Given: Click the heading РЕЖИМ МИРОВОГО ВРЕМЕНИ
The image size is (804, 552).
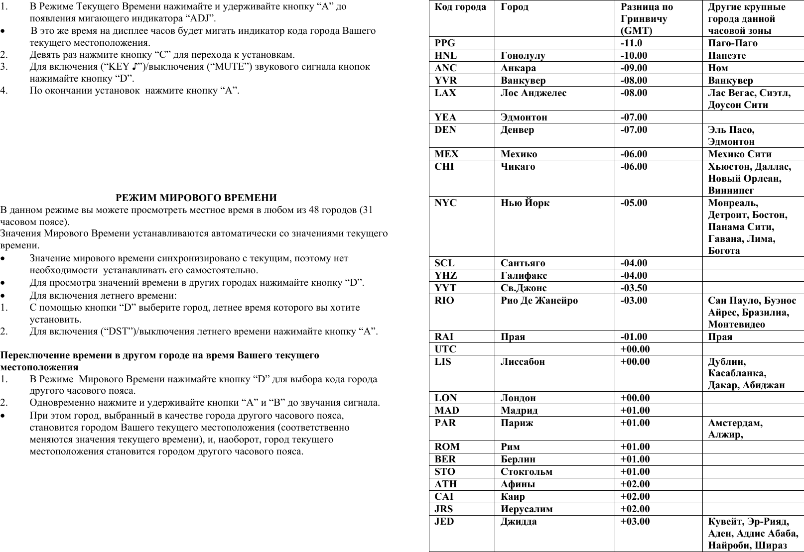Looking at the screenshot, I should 196,198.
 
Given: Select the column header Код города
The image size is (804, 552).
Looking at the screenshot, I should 460,7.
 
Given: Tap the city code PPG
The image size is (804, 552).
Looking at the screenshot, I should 445,43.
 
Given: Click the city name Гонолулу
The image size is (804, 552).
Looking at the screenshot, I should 523,56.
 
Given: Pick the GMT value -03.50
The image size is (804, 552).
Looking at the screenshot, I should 634,288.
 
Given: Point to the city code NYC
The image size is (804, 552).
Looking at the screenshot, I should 445,203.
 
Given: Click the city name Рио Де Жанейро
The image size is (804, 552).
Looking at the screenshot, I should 539,301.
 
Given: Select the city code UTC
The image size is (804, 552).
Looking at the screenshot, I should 445,349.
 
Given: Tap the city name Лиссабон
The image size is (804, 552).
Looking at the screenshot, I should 525,362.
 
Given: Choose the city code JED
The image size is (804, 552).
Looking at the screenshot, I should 444,522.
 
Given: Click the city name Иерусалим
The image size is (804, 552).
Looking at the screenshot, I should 526,509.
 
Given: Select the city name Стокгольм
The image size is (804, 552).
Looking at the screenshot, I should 526,472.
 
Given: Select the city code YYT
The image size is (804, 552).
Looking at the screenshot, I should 445,288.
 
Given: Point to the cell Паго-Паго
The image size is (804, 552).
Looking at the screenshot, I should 732,43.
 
